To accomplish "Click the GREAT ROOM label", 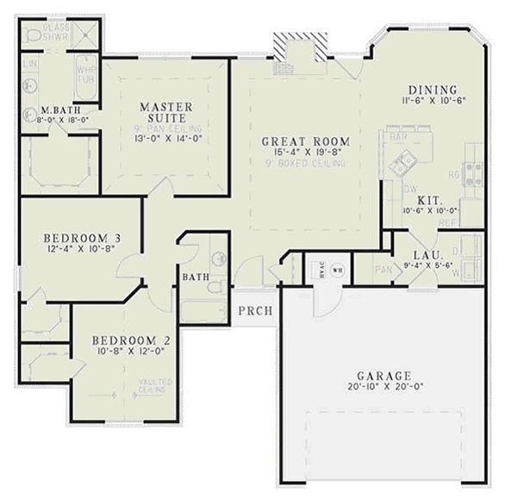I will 306,141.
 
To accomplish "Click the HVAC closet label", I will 321,269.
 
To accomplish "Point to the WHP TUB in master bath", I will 86,76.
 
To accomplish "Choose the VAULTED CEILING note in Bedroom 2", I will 155,385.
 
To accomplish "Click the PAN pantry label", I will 383,270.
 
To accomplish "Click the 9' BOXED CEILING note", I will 306,163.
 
